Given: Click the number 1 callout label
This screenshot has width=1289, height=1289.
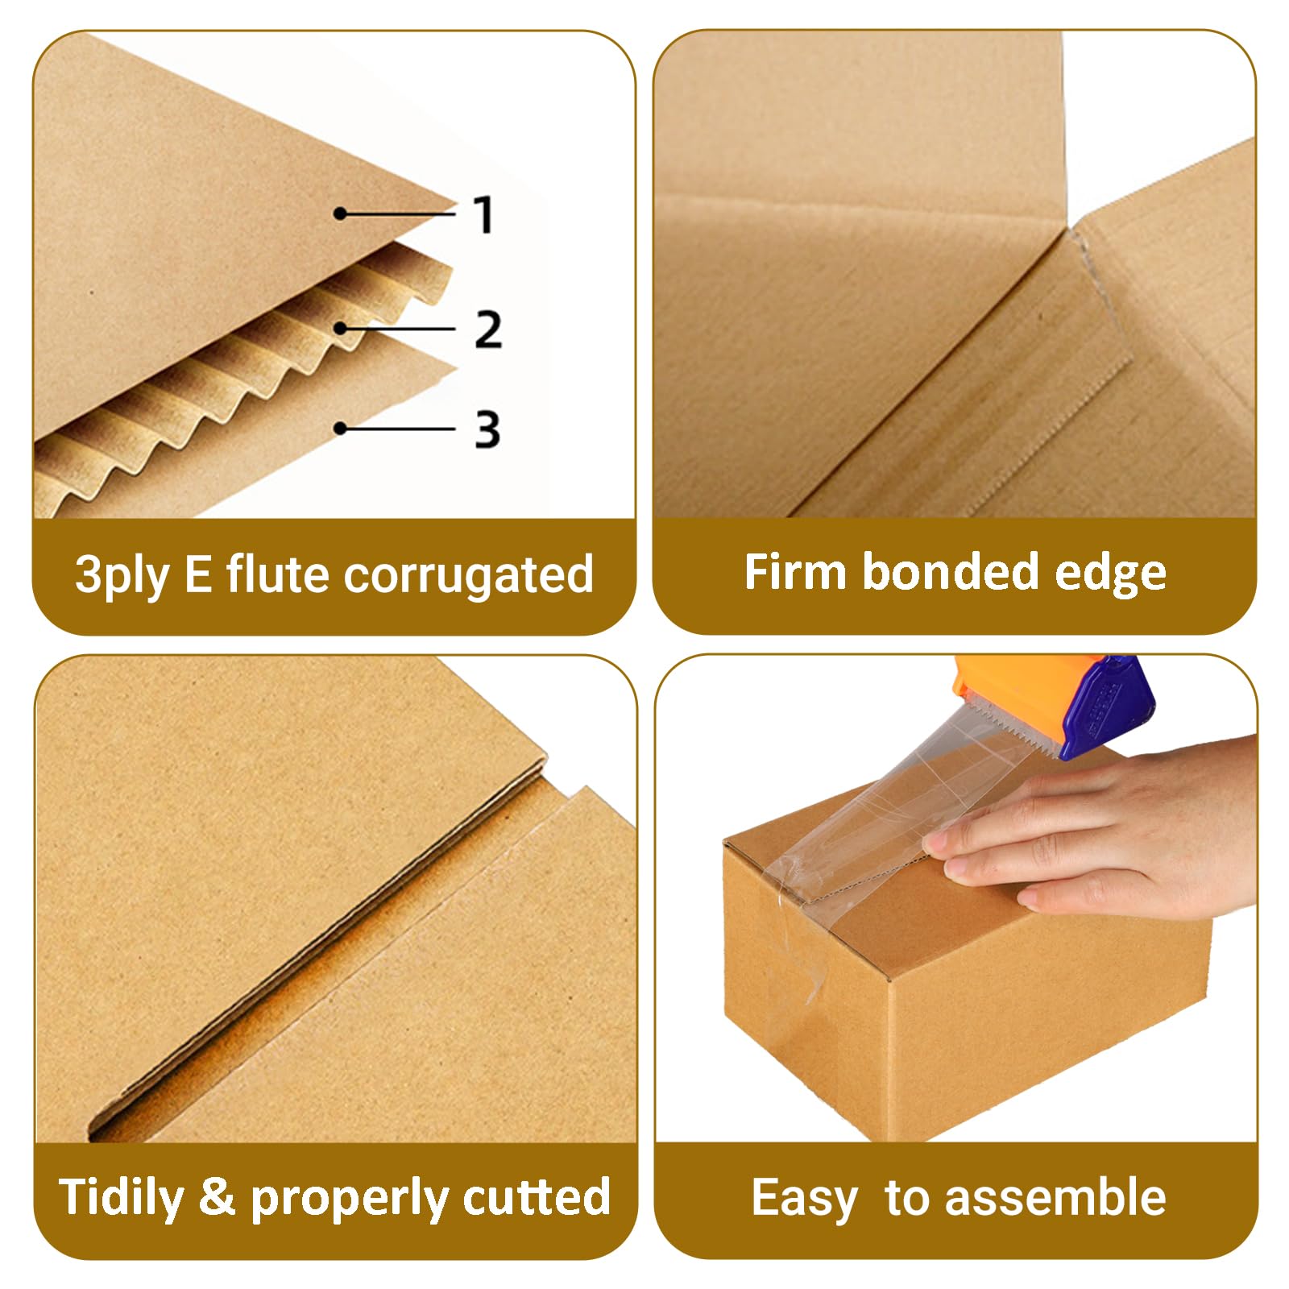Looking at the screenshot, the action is [483, 214].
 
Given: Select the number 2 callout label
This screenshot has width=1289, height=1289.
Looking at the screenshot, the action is [488, 329].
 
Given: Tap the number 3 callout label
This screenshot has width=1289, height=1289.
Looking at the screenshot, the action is [487, 429].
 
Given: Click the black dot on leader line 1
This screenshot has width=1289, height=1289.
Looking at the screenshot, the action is [341, 213].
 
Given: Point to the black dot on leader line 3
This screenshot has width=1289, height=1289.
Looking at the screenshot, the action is [341, 428].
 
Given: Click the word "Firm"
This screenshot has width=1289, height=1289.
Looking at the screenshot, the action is [794, 571].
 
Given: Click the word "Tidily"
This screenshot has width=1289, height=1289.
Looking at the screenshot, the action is [122, 1198].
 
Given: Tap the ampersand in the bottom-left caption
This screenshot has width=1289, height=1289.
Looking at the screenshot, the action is [217, 1196].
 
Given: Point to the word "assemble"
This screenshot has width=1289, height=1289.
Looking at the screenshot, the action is [1055, 1196].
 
